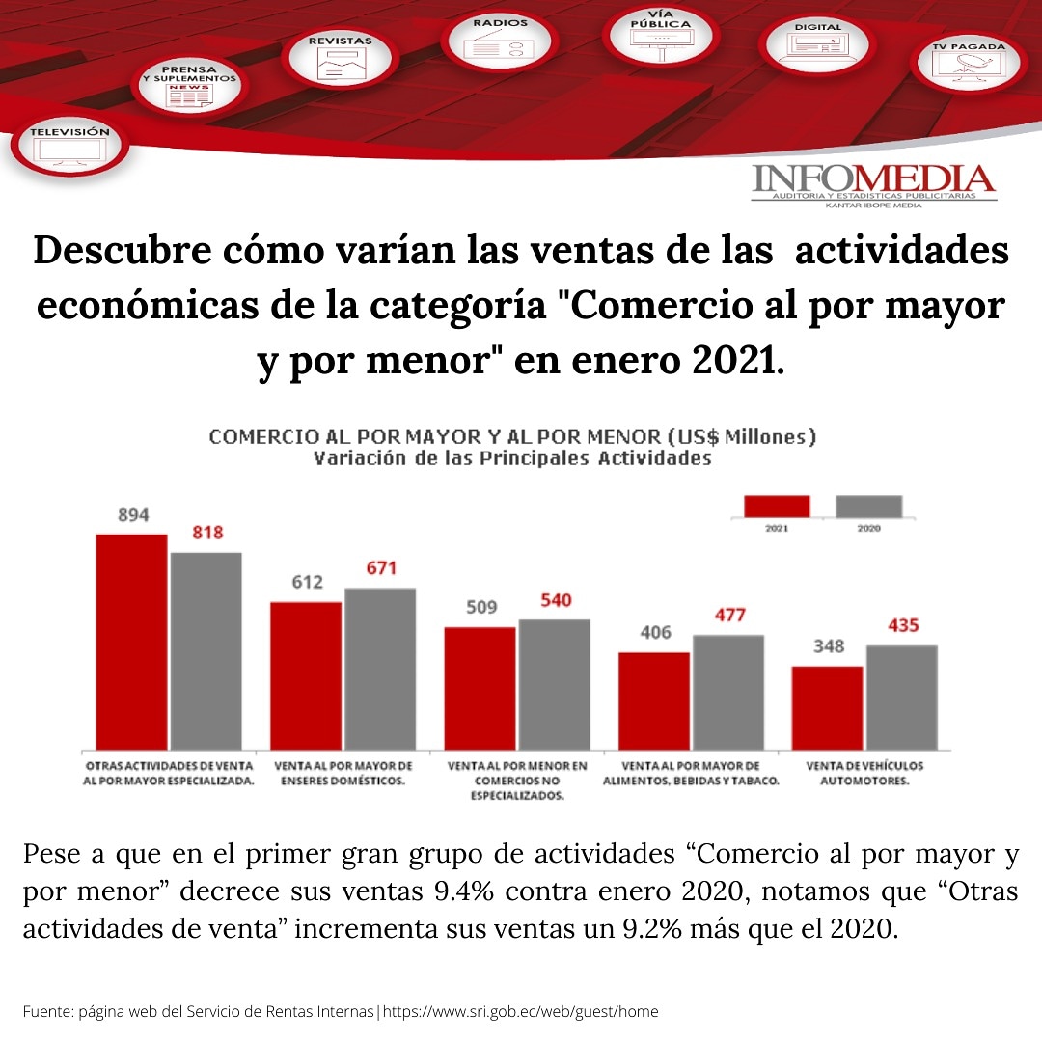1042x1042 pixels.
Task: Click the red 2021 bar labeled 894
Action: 131,642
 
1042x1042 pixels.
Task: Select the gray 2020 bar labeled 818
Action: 206,651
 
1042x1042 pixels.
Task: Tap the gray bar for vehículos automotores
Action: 901,697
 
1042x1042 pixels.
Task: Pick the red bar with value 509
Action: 480,688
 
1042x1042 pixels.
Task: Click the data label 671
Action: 381,568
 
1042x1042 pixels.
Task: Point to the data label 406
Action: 655,633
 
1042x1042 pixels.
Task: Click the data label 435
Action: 903,625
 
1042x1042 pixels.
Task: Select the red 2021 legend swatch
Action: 777,507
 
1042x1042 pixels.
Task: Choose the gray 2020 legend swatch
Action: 868,507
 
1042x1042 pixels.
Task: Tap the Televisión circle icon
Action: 69,144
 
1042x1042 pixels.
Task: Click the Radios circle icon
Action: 500,41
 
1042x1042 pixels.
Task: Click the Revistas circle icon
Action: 340,58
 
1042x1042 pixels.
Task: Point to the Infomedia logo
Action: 873,184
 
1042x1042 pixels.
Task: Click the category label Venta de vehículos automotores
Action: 864,774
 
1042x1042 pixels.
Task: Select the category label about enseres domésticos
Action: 336,774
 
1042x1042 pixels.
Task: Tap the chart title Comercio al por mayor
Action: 512,437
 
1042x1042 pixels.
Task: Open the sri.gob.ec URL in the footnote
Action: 521,1012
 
